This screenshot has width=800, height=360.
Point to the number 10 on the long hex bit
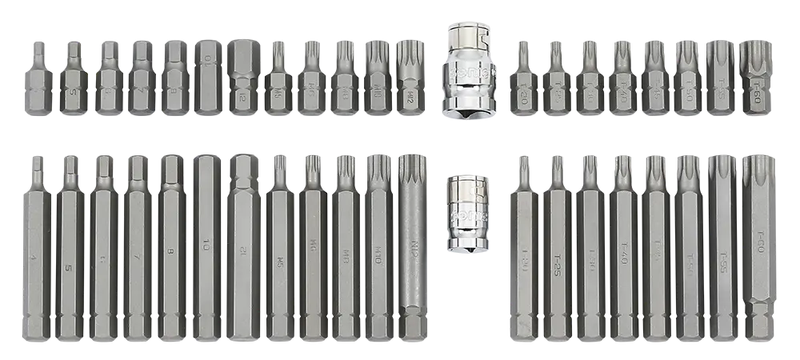[x=206, y=241]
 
